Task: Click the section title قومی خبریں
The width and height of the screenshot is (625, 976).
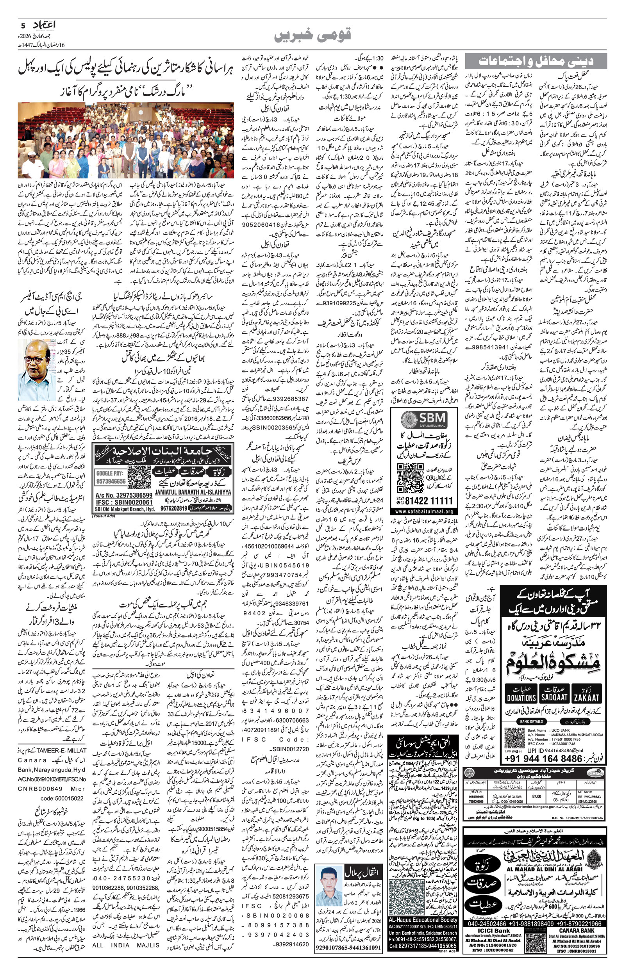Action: (x=312, y=35)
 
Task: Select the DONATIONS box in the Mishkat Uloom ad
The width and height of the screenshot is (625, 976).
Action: (x=521, y=697)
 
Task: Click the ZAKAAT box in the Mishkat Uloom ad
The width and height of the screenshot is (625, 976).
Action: (x=586, y=697)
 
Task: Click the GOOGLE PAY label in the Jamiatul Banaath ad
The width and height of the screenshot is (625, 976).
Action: (x=111, y=473)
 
